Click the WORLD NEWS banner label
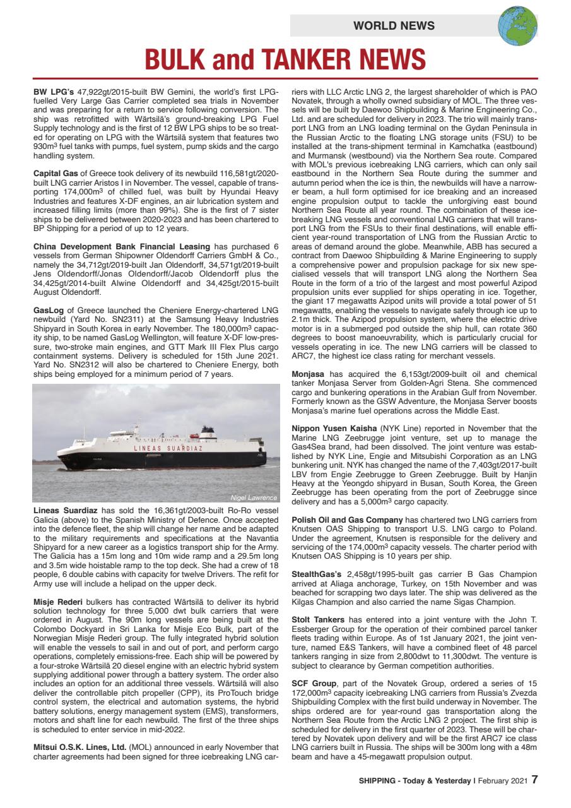394,26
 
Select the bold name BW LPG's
54,92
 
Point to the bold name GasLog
48,310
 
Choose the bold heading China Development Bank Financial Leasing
122,246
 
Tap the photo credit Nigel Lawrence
254,497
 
